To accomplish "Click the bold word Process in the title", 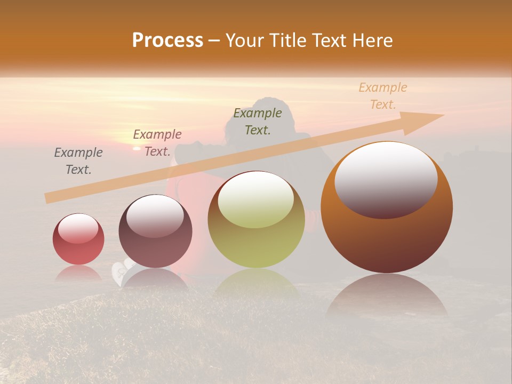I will click(167, 41).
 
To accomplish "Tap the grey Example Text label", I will click(78, 161).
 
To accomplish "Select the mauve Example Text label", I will click(157, 143).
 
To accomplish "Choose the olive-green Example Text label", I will click(258, 121).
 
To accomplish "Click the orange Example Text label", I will click(382, 96).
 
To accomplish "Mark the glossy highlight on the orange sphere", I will click(386, 179).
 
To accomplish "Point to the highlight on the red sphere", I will click(78, 228).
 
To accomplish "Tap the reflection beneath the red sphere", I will click(78, 273).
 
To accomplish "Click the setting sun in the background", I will click(137, 148).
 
